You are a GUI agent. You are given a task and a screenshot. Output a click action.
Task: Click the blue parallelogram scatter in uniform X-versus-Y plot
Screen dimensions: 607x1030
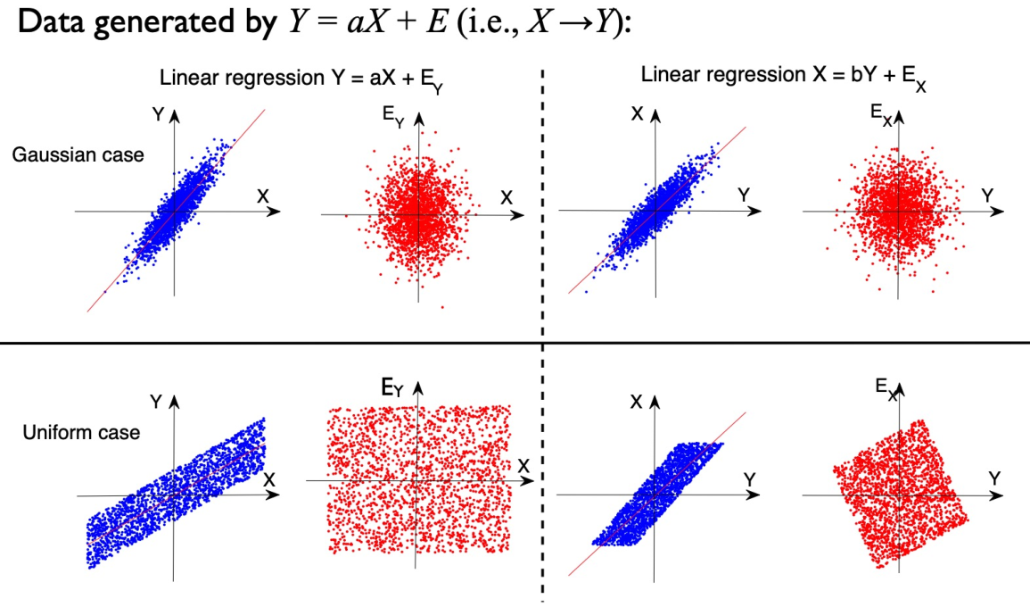tap(656, 495)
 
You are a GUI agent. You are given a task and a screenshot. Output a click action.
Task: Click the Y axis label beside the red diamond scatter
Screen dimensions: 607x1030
tap(993, 478)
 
